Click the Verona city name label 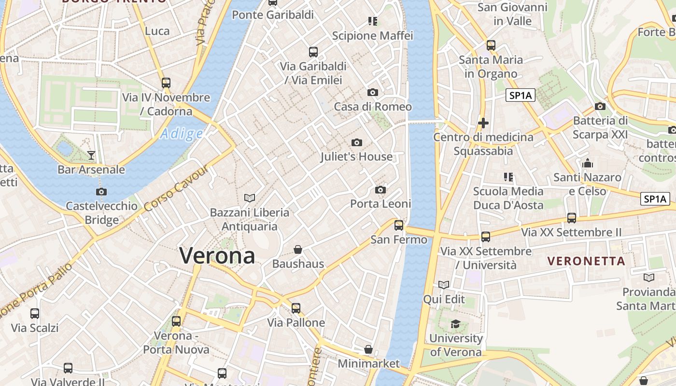(217, 255)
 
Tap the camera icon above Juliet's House (357, 142)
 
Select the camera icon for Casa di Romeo (372, 92)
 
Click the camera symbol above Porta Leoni (380, 190)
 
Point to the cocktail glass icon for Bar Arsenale (91, 155)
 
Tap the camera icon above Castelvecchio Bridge (101, 192)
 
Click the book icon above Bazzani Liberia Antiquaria (250, 198)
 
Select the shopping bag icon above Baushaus (298, 249)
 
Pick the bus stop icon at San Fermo (399, 225)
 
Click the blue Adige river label (182, 134)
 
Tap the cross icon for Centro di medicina (483, 123)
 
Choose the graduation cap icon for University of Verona (455, 324)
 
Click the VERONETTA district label (586, 261)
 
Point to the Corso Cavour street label (177, 188)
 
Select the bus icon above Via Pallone (296, 308)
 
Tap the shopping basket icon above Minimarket (368, 349)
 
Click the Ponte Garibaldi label (273, 15)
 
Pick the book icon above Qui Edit (444, 285)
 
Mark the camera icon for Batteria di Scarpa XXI (600, 106)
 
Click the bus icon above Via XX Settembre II (572, 218)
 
